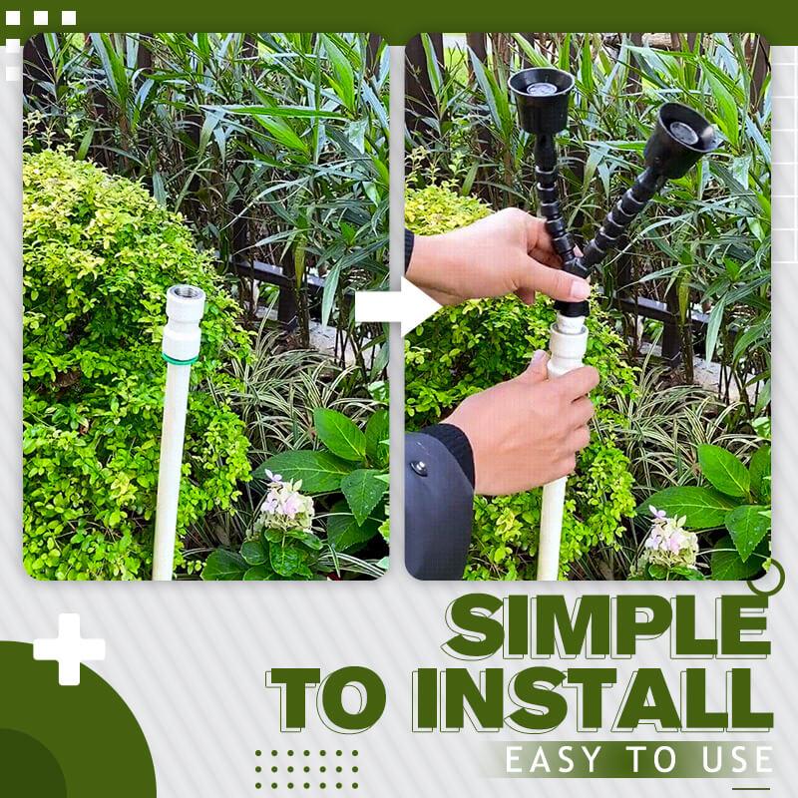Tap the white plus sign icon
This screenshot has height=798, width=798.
[x=69, y=649]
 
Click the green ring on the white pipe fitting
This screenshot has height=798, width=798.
[x=181, y=358]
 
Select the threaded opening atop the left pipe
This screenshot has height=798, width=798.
[x=186, y=293]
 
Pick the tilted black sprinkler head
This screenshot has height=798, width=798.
[x=681, y=139]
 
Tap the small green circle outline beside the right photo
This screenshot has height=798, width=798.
[x=767, y=578]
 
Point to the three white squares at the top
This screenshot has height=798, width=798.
[x=41, y=18]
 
